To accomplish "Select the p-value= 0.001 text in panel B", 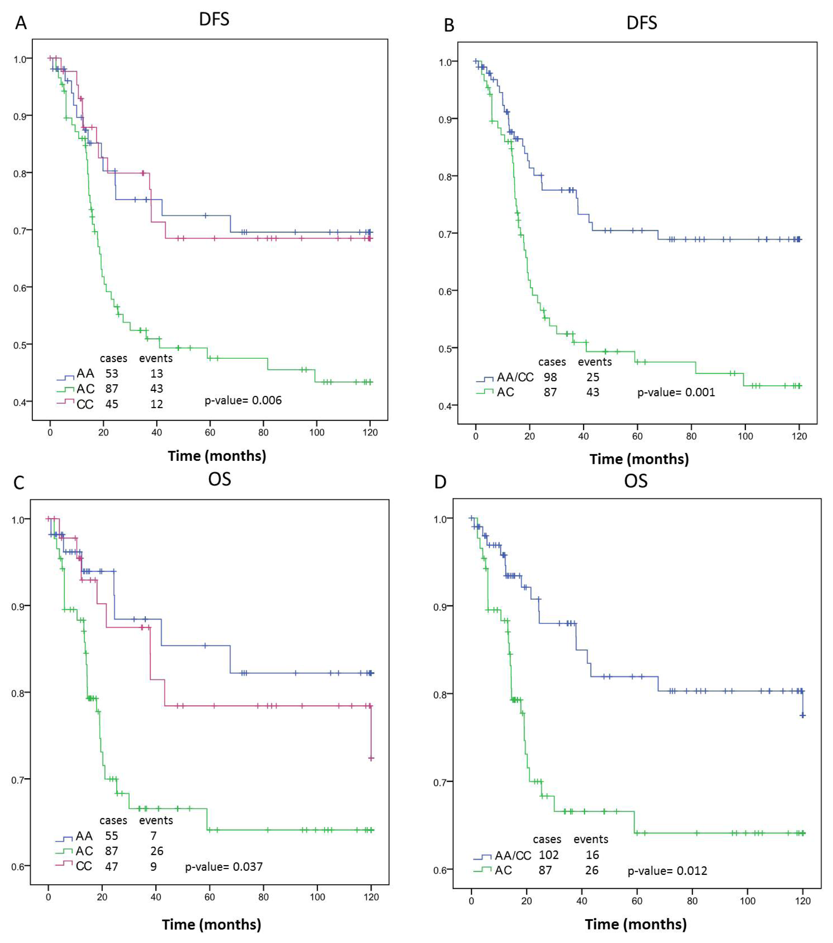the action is (x=676, y=392).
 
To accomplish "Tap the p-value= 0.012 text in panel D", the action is (x=667, y=871).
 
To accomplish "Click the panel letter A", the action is (x=21, y=23).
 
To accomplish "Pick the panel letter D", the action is (x=441, y=482).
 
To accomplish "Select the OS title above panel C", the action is (x=220, y=479).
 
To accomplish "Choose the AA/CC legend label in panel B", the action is (x=515, y=377).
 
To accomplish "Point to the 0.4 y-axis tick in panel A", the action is (x=20, y=402).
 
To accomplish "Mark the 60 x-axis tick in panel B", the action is (x=638, y=436).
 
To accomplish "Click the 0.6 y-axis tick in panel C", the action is (x=18, y=867).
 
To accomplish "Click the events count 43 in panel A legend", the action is (x=156, y=388).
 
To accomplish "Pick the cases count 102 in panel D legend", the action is (x=549, y=855).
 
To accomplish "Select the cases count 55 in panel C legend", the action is (x=112, y=836).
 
